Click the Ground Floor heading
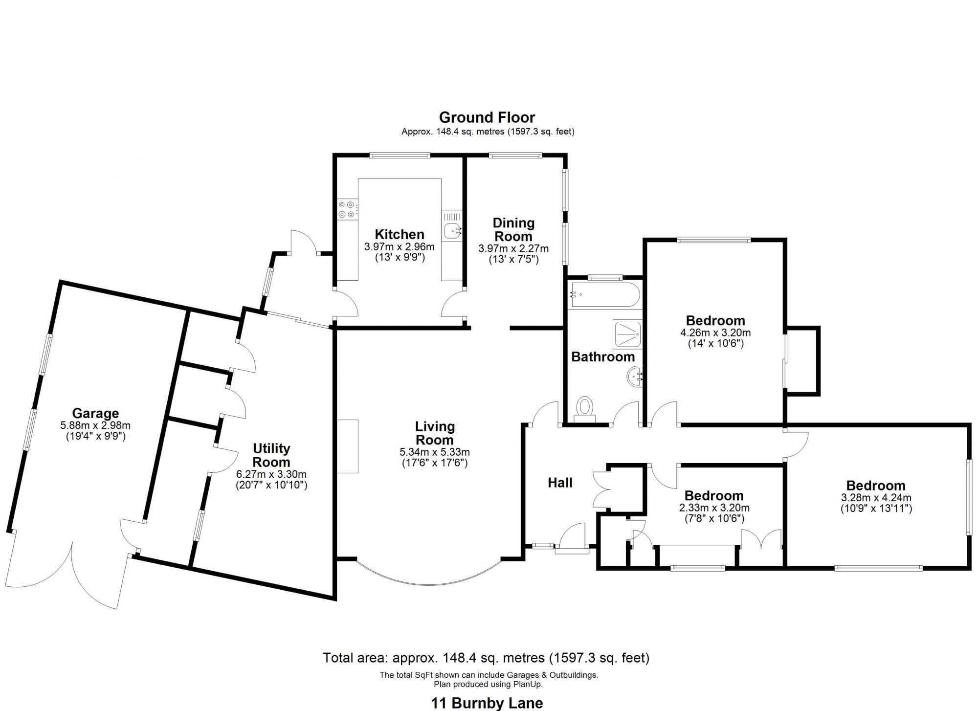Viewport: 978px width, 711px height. click(487, 117)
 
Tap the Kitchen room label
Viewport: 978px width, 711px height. click(399, 234)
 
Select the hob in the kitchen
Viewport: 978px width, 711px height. click(347, 210)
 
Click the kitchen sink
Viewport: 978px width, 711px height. click(452, 230)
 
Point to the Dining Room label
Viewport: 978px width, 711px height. click(513, 229)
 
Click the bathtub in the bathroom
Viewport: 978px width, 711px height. click(604, 294)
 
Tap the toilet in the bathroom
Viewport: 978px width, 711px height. click(584, 408)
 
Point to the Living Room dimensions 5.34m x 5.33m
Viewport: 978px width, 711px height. click(434, 452)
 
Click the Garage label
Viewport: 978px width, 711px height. click(95, 414)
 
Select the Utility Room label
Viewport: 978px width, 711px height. click(271, 455)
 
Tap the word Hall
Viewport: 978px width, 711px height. click(560, 483)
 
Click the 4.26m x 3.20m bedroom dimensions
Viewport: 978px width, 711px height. click(715, 333)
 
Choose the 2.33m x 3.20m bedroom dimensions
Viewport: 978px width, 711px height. click(714, 508)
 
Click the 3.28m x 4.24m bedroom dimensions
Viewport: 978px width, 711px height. click(876, 498)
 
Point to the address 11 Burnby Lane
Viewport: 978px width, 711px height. click(487, 703)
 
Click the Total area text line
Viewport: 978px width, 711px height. click(486, 658)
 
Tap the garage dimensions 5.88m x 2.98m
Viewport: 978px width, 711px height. click(95, 426)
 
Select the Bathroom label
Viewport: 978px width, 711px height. click(602, 357)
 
